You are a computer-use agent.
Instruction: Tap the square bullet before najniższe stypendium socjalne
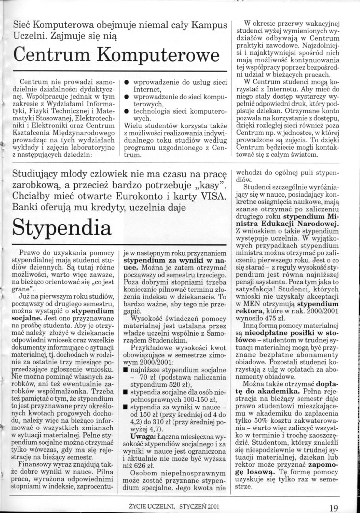(125, 370)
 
